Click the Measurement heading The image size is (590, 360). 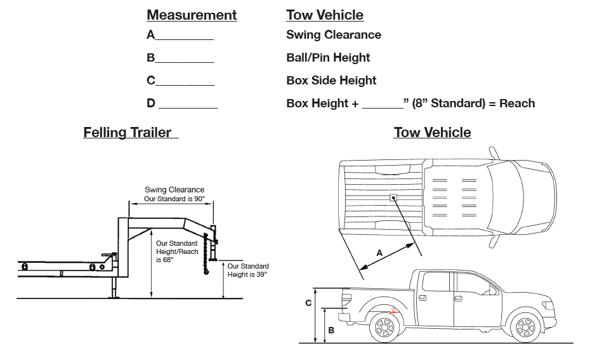click(x=192, y=15)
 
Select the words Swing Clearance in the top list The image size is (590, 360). click(x=333, y=35)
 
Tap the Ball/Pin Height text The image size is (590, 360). click(x=328, y=58)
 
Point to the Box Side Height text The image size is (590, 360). click(x=331, y=81)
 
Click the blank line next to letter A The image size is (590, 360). click(x=185, y=39)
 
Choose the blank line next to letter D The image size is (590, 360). click(x=188, y=108)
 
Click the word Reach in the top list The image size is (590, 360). click(x=517, y=103)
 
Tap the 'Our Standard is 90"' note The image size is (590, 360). click(x=174, y=199)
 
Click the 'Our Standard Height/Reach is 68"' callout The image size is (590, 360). click(x=177, y=251)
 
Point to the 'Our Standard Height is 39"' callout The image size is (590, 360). click(x=248, y=270)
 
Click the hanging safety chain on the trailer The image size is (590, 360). click(x=206, y=253)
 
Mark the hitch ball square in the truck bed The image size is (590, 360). click(x=393, y=197)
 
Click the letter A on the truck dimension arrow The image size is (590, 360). click(x=379, y=253)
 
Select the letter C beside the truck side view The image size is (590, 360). click(x=308, y=303)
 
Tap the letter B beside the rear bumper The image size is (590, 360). click(x=331, y=330)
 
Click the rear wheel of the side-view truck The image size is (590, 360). click(x=384, y=327)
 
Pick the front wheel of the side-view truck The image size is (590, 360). click(x=526, y=327)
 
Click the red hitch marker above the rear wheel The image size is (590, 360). click(x=393, y=310)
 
